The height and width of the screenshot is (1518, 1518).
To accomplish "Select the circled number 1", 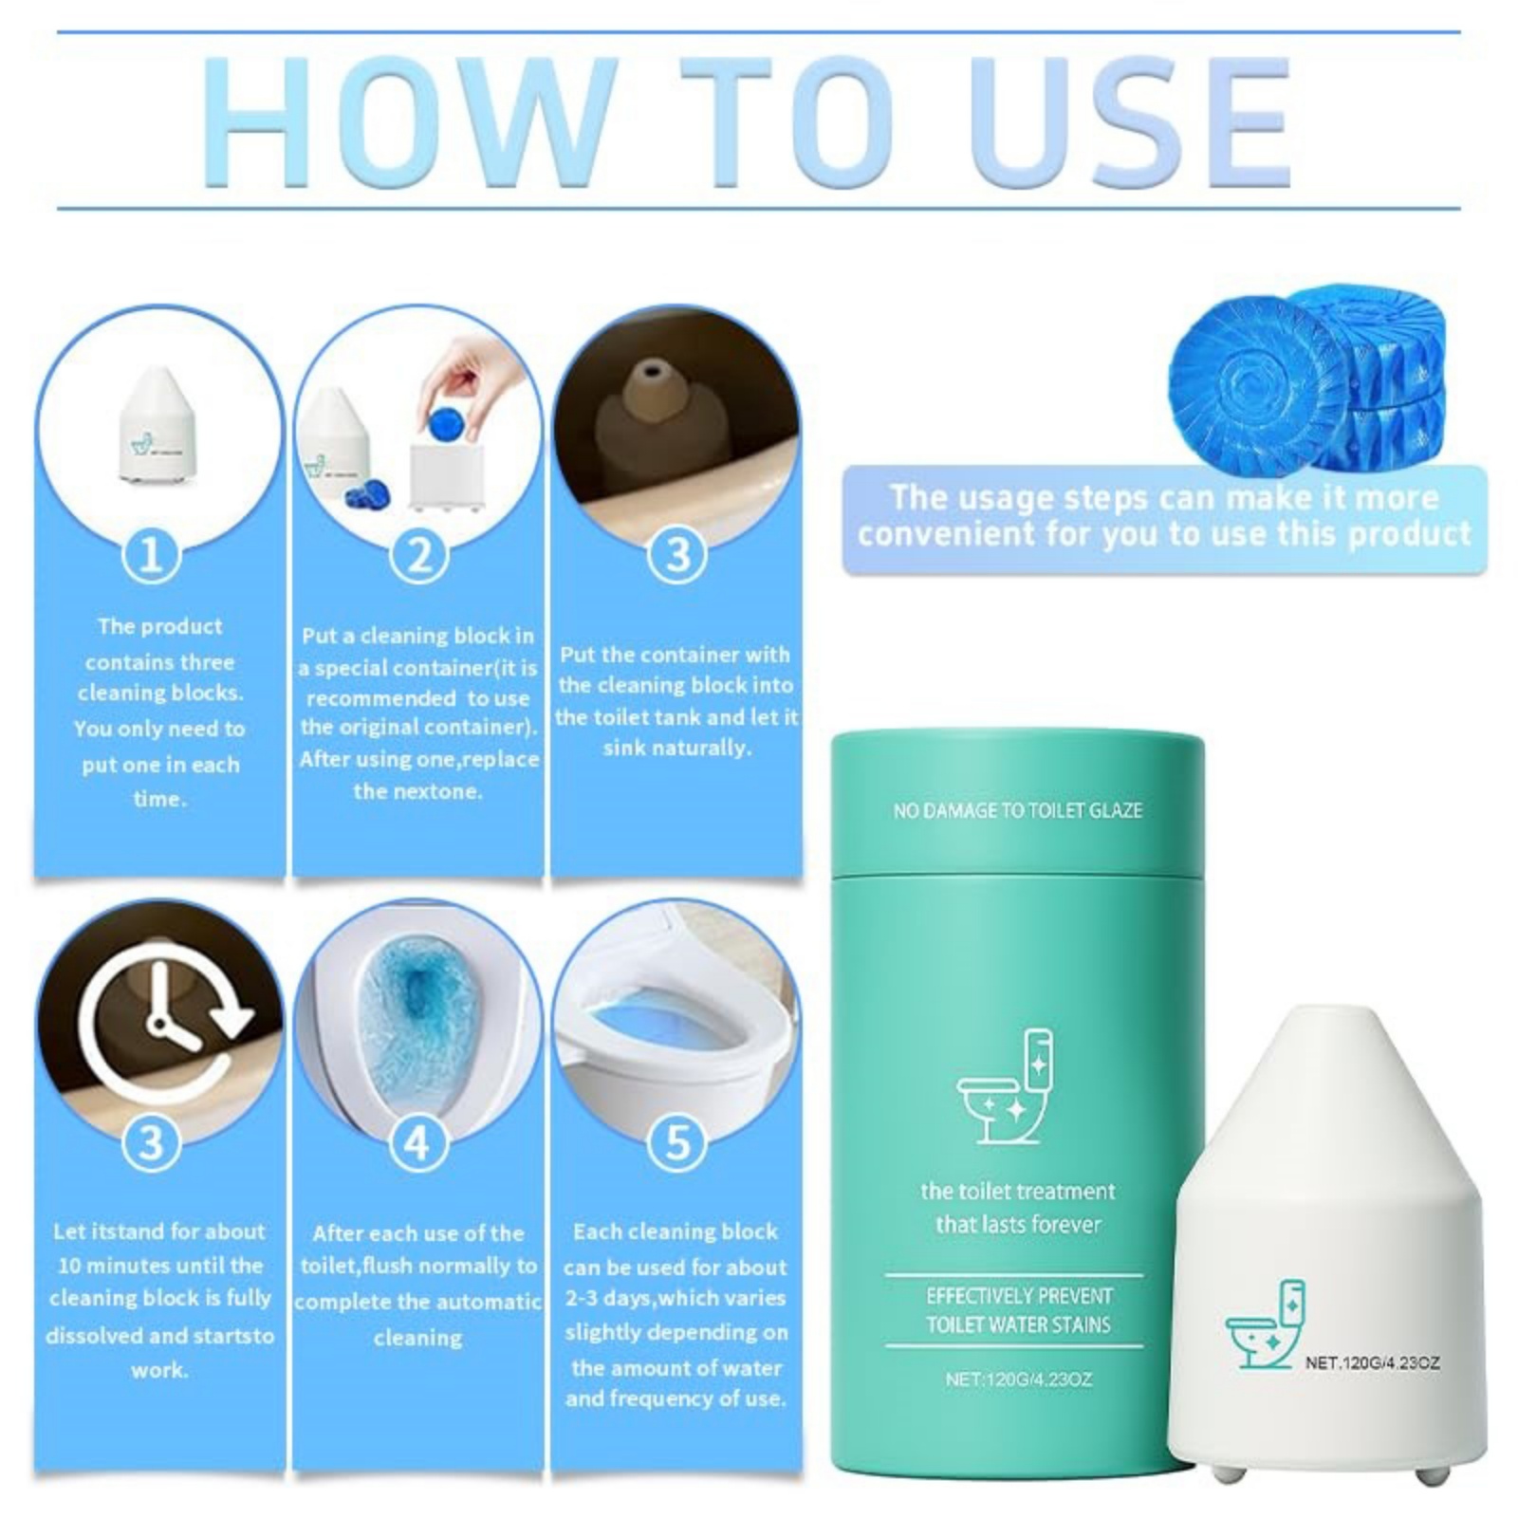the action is click(x=151, y=556).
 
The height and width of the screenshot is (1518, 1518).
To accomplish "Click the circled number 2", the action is click(x=418, y=556).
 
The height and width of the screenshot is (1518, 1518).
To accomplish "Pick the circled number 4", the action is click(x=417, y=1144).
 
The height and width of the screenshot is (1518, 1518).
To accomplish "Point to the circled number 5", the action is click(x=676, y=1142).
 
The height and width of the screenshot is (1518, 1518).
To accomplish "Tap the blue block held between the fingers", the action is click(x=442, y=421).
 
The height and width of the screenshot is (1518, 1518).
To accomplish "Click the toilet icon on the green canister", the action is click(x=1006, y=1087).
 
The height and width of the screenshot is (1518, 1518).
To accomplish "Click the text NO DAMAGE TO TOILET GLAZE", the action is click(x=1017, y=810).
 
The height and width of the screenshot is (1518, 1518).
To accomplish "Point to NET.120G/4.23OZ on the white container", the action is click(x=1373, y=1362).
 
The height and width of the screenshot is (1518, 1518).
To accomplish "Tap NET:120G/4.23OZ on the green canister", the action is click(x=1018, y=1379).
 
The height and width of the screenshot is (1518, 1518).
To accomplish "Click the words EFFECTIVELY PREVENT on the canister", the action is click(x=1019, y=1296).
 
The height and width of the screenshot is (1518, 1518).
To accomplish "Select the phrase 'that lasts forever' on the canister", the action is click(x=1018, y=1224).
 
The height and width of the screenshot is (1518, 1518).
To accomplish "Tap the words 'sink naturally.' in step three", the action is click(x=676, y=748).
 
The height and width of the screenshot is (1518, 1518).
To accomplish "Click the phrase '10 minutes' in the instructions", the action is click(x=108, y=1265).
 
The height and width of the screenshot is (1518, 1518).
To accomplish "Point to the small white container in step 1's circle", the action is click(x=159, y=423).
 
